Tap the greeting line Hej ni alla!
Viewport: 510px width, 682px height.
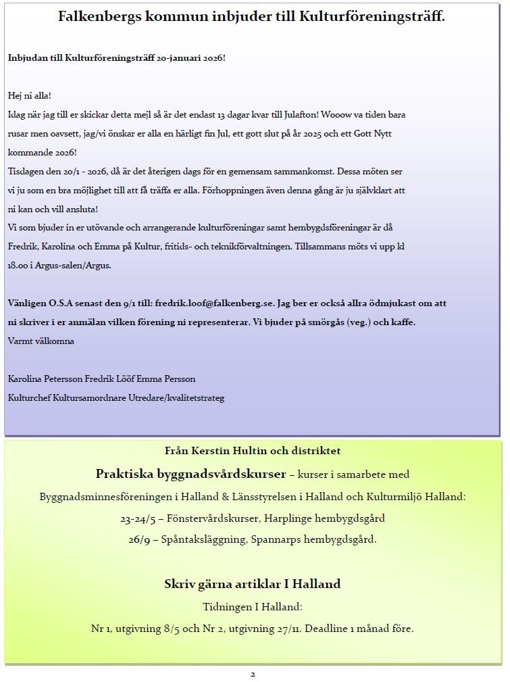30,95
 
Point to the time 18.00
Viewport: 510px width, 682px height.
20,266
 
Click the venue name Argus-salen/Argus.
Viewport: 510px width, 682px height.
75,266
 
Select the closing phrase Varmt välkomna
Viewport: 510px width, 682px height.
41,341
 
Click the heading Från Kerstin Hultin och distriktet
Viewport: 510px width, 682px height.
253,451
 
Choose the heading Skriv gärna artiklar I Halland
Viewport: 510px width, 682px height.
253,584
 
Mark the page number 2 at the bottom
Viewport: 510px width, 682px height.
253,674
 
